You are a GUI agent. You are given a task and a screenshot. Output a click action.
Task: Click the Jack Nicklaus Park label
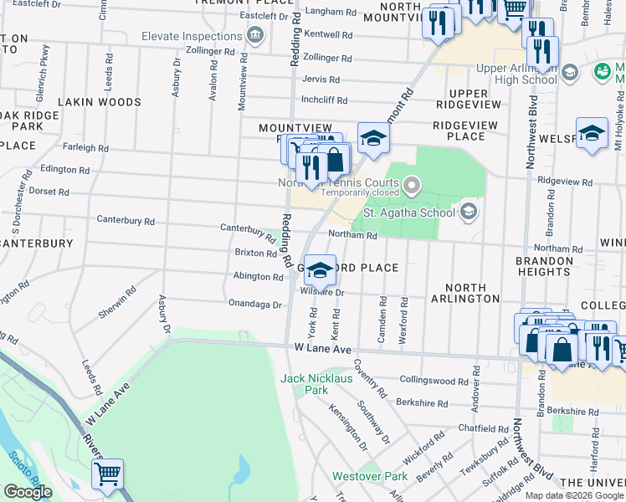(305, 384)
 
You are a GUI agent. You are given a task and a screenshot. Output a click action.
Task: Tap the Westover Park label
(369, 476)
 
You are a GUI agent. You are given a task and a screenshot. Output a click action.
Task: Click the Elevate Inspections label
(192, 37)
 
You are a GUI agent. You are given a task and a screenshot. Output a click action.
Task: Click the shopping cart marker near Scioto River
(108, 474)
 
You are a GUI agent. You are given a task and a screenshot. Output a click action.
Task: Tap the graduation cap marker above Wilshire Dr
(319, 270)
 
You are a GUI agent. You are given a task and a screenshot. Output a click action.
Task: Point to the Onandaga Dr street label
(254, 304)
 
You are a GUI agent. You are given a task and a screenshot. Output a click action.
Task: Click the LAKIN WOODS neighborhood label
(100, 102)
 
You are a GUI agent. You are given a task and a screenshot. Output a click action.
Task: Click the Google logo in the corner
(28, 492)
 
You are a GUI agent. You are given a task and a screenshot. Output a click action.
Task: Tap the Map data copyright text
(574, 495)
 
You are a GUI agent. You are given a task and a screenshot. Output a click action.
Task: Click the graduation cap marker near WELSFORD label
(592, 135)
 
